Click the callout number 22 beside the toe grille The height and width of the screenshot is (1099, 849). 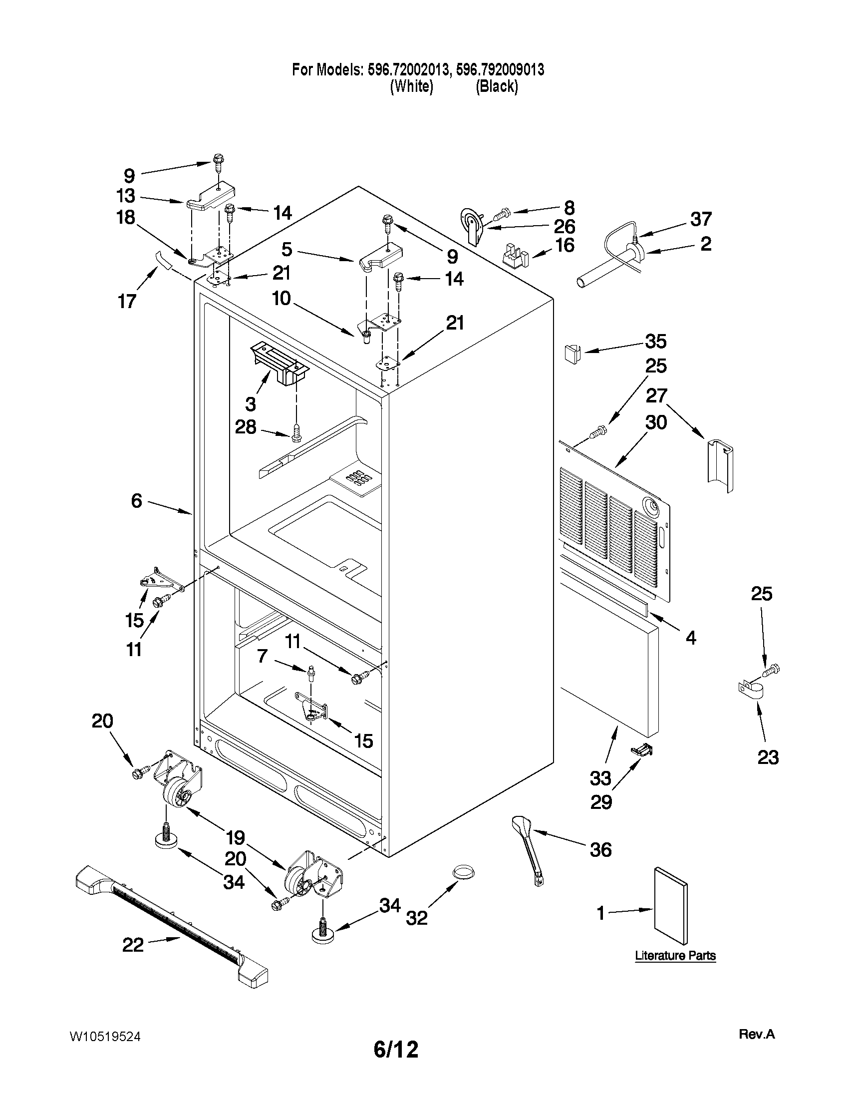coord(133,945)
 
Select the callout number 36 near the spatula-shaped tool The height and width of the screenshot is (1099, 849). coord(600,850)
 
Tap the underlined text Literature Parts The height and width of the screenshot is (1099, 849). coord(675,955)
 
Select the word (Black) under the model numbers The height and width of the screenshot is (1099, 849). coord(497,86)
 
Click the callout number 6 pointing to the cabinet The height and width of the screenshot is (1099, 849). coord(137,501)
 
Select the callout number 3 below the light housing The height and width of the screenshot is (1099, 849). coord(251,403)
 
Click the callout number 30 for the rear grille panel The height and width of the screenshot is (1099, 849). coord(656,422)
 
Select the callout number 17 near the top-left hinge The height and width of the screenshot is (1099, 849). coord(127,301)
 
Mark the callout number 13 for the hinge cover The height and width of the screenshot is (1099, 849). coord(126,195)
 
